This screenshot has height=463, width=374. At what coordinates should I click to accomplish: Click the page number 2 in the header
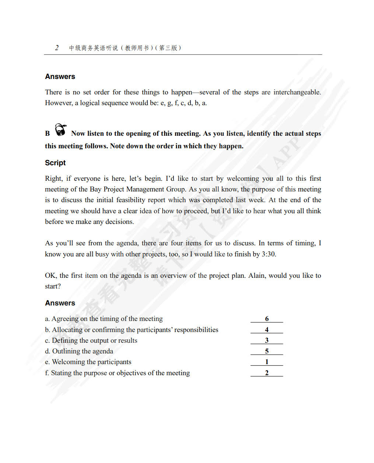(57, 48)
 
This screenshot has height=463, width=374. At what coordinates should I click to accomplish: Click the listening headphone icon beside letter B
(60, 130)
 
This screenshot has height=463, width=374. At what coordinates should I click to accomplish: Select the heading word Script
(55, 163)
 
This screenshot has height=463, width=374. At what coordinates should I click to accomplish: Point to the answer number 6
(267, 319)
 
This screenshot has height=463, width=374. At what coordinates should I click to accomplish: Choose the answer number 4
(267, 329)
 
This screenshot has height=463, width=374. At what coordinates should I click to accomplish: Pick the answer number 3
(267, 340)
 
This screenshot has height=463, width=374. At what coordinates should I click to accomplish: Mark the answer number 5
(267, 351)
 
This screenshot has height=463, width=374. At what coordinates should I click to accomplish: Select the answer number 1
(267, 362)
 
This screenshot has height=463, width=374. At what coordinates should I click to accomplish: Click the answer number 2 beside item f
(267, 373)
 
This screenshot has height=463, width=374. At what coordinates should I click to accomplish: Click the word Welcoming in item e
(69, 362)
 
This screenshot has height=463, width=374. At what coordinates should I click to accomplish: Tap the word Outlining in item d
(66, 351)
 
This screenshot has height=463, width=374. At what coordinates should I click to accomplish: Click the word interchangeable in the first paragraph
(297, 92)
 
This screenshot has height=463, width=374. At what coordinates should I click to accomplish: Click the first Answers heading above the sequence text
(60, 76)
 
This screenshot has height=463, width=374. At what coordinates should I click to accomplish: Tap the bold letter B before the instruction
(48, 134)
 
